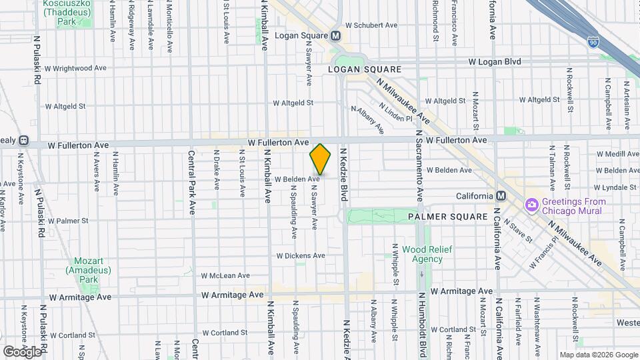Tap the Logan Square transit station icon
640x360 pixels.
point(335,35)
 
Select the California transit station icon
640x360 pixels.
point(501,196)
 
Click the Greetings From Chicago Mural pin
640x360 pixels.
point(532,203)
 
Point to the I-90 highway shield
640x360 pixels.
point(593,42)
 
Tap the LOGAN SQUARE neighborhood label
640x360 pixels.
point(365,69)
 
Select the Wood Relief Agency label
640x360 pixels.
point(427,254)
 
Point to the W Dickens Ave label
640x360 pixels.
point(301,255)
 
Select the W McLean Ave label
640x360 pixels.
point(225,275)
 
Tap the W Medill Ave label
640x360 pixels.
point(617,153)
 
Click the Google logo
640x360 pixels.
point(22,351)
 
